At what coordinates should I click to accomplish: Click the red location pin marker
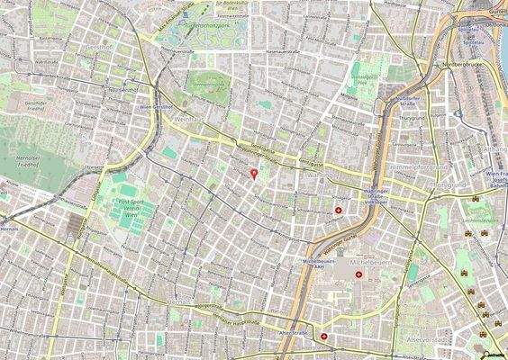click(x=254, y=174)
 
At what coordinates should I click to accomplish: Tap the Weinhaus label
click(x=193, y=118)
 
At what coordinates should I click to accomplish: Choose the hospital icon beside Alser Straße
click(x=322, y=337)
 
